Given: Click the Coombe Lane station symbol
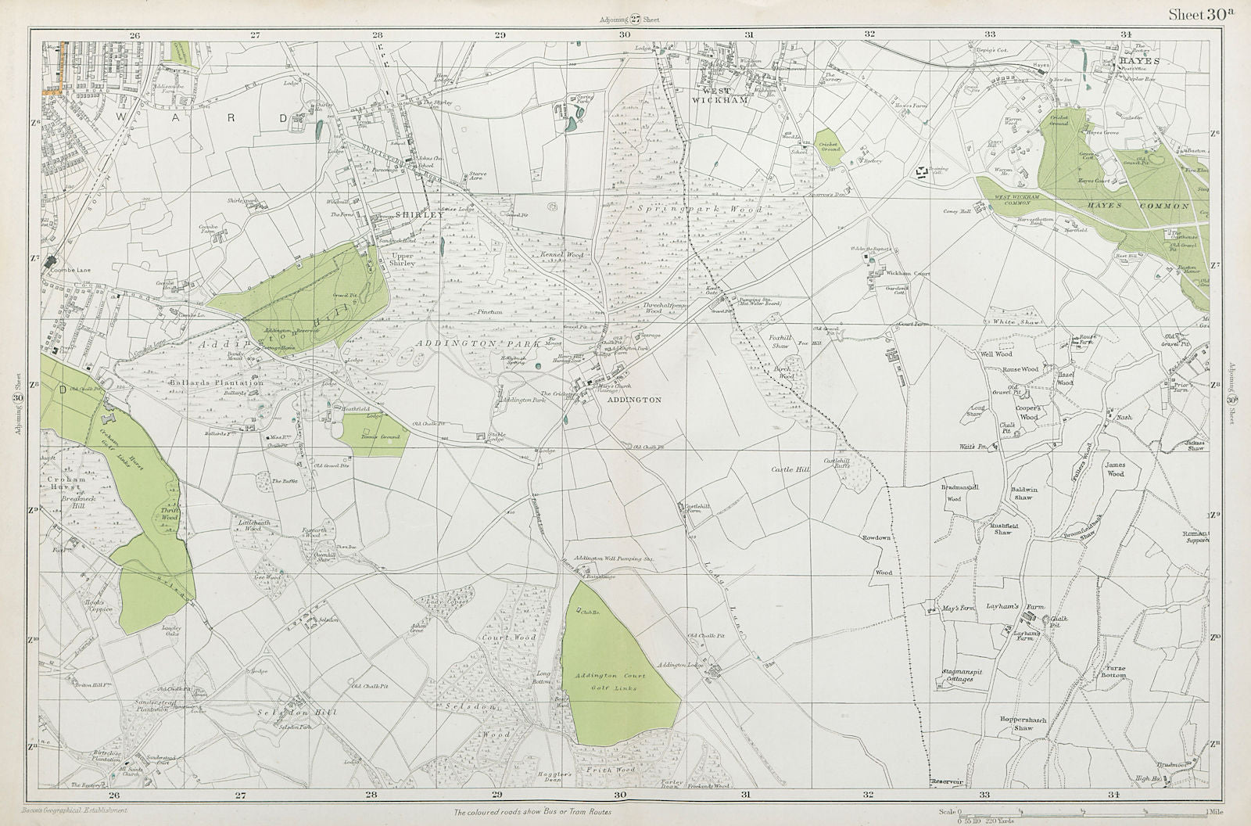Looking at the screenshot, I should click(x=51, y=261).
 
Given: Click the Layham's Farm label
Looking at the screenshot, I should click(x=1014, y=606).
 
